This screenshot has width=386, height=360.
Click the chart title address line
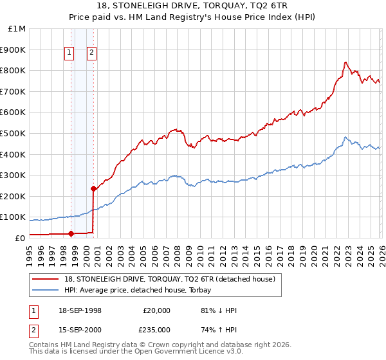point(192,6)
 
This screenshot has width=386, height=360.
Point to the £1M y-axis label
point(17,29)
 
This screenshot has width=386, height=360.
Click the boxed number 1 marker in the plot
point(69,53)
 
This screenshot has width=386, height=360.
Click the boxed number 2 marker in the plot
point(92,53)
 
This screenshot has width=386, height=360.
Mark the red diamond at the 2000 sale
point(93,188)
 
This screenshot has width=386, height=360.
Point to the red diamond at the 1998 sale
point(71,233)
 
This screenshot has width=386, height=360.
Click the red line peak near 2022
point(345,62)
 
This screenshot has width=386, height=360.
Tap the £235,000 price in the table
point(157,329)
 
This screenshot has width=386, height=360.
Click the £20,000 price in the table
point(157,310)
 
